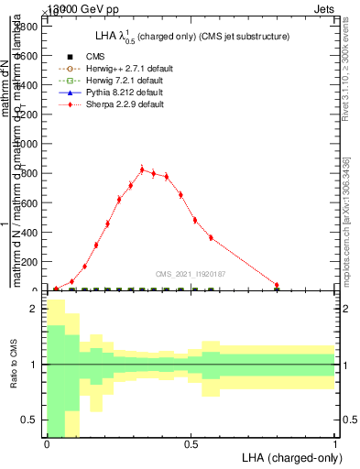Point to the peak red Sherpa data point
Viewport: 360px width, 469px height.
(142, 169)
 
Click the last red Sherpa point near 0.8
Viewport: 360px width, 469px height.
(277, 285)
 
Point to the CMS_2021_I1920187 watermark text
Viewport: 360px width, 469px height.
(190, 273)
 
